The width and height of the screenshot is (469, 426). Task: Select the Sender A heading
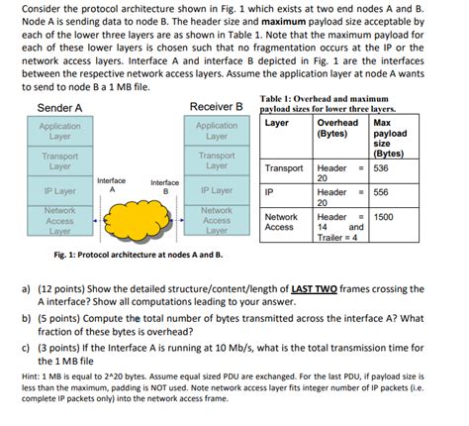tap(59, 107)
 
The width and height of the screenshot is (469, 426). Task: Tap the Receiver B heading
tap(216, 107)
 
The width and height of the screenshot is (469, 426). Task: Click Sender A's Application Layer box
tap(60, 132)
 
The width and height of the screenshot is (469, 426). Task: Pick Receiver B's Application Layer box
tap(217, 132)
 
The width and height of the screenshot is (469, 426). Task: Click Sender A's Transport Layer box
tap(60, 160)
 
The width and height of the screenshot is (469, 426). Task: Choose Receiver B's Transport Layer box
tap(217, 160)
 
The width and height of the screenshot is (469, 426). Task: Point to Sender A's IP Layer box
tap(60, 190)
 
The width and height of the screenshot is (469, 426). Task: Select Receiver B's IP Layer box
tap(217, 190)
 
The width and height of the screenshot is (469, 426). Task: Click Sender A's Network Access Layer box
tap(60, 221)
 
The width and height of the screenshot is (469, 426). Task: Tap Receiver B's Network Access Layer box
tap(217, 221)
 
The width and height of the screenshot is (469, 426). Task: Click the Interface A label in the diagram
tap(112, 184)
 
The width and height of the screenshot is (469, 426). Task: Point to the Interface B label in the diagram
tap(164, 186)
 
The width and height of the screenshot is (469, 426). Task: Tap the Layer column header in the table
tap(278, 122)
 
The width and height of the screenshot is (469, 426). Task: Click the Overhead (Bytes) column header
tap(331, 128)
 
